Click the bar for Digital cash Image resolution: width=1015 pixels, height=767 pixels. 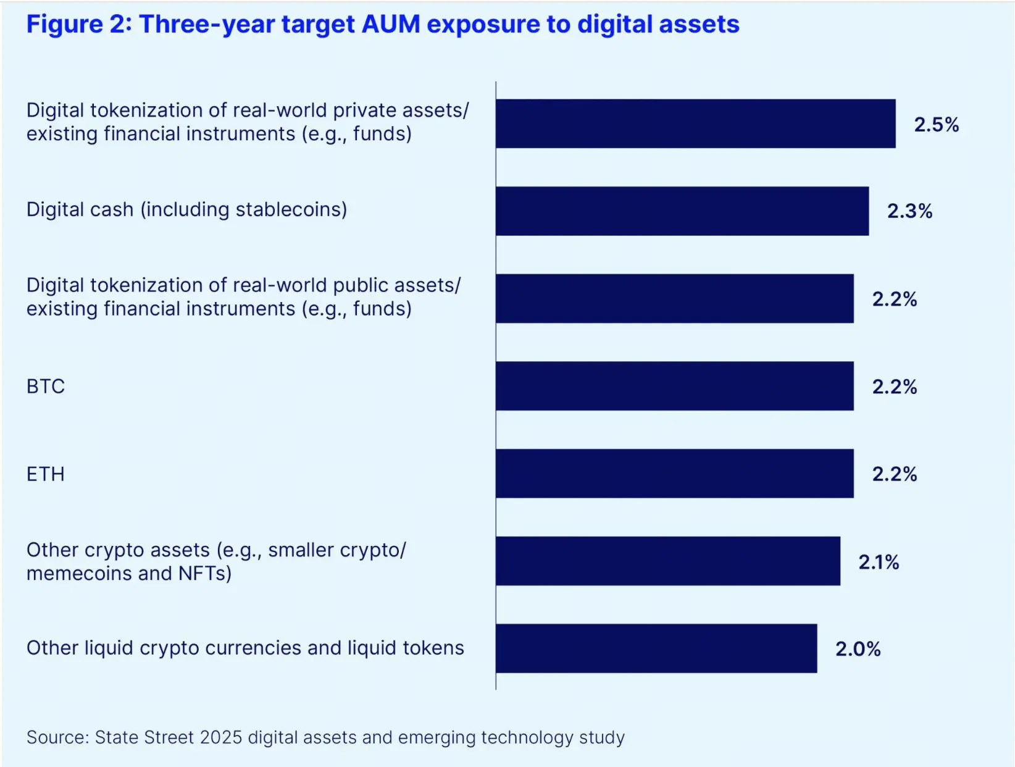[x=682, y=211]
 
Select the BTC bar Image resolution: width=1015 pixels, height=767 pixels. [x=674, y=386]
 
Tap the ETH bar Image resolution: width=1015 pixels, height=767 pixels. [x=674, y=474]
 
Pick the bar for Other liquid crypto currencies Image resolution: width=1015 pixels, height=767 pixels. [x=656, y=648]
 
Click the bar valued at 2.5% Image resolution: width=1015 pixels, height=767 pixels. [x=695, y=124]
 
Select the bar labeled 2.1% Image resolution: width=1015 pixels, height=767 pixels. [x=667, y=561]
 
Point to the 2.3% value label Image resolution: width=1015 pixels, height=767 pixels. [x=909, y=211]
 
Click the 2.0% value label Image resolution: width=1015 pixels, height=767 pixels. [x=858, y=649]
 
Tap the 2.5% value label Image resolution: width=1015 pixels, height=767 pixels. [x=936, y=125]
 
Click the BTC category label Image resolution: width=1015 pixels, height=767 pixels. [x=46, y=387]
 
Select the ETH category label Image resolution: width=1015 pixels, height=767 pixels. [x=46, y=474]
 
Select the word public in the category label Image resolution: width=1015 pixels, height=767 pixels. [x=360, y=285]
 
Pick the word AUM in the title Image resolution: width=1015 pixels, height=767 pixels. [x=391, y=25]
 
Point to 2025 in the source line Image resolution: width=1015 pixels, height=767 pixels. [x=221, y=737]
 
